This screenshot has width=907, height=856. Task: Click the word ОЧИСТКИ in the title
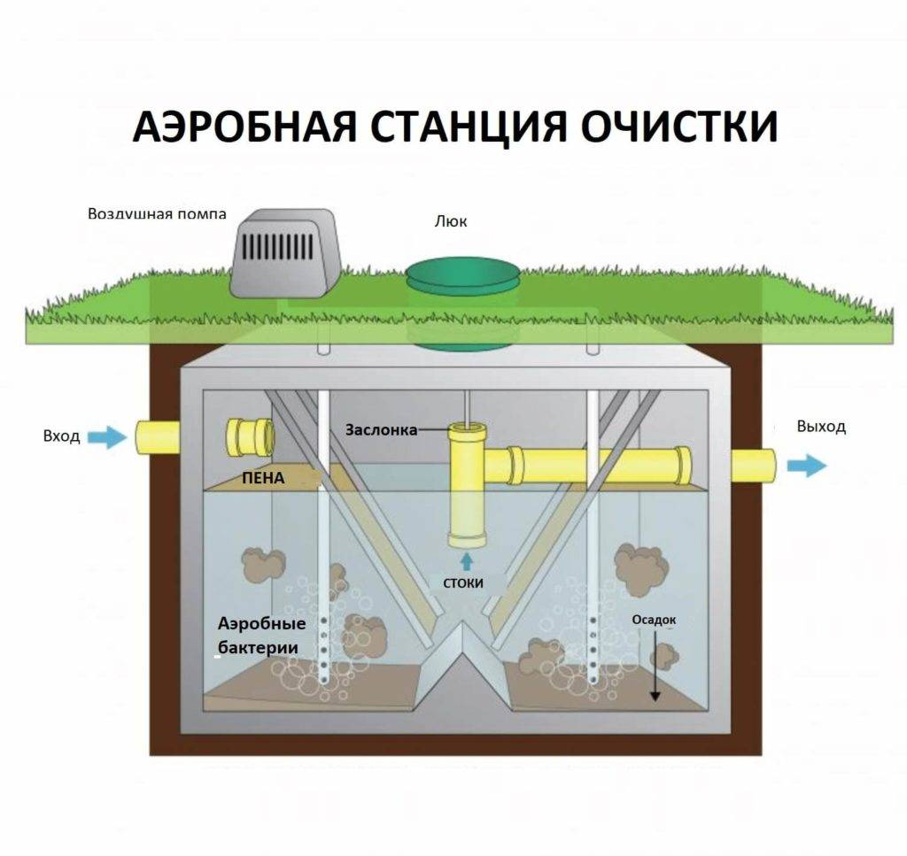click(x=679, y=127)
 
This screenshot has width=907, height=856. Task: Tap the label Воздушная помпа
click(x=157, y=214)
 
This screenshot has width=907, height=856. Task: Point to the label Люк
click(x=451, y=221)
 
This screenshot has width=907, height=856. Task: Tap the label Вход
click(x=61, y=436)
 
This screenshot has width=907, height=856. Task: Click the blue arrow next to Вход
click(x=109, y=436)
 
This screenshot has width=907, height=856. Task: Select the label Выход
click(x=821, y=427)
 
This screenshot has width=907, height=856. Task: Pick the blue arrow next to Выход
click(x=806, y=466)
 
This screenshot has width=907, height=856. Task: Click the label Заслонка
click(x=380, y=430)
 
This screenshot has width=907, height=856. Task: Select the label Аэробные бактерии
click(x=261, y=636)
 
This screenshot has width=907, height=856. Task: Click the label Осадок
click(x=654, y=621)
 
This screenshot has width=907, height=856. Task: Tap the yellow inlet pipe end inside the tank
click(x=251, y=436)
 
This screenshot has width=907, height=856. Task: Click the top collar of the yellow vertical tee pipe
click(x=468, y=434)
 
